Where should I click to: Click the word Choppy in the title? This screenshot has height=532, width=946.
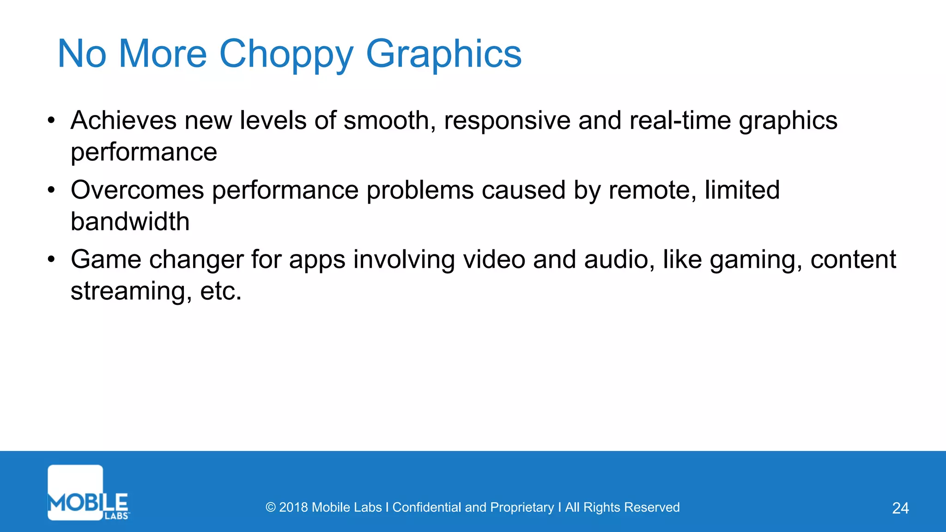(x=286, y=54)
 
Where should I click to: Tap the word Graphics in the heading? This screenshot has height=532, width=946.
(x=443, y=54)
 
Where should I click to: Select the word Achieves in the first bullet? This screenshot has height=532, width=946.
(x=123, y=121)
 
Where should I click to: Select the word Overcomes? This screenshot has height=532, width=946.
(x=137, y=190)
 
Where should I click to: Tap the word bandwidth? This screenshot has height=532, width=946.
(x=130, y=222)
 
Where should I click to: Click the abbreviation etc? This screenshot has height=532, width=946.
(x=220, y=291)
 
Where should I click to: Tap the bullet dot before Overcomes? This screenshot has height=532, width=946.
(x=51, y=190)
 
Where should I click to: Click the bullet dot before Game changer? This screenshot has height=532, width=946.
(x=51, y=260)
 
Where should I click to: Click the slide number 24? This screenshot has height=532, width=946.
(x=900, y=508)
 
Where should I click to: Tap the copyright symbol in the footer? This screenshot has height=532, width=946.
(x=271, y=508)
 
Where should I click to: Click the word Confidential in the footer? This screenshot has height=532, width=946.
(x=426, y=508)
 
